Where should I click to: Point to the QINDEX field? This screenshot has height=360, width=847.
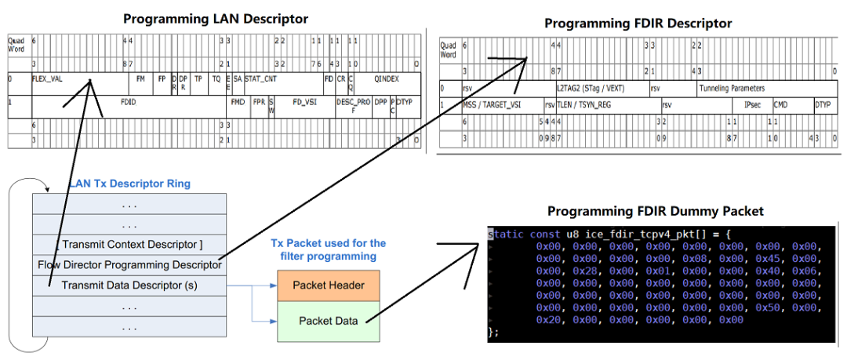click(387, 79)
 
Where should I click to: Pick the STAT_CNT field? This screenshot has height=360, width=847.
click(260, 79)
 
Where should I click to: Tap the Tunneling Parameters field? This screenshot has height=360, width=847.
click(732, 89)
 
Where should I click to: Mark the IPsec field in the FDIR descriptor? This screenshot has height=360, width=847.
click(752, 104)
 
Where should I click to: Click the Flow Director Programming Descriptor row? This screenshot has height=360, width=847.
click(129, 264)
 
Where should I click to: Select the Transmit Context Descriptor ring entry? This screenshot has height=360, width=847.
click(129, 245)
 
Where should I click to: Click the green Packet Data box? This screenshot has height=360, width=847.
click(327, 320)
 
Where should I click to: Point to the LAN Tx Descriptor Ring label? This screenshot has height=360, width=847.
click(129, 184)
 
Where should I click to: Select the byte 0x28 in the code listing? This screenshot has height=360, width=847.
click(581, 271)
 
